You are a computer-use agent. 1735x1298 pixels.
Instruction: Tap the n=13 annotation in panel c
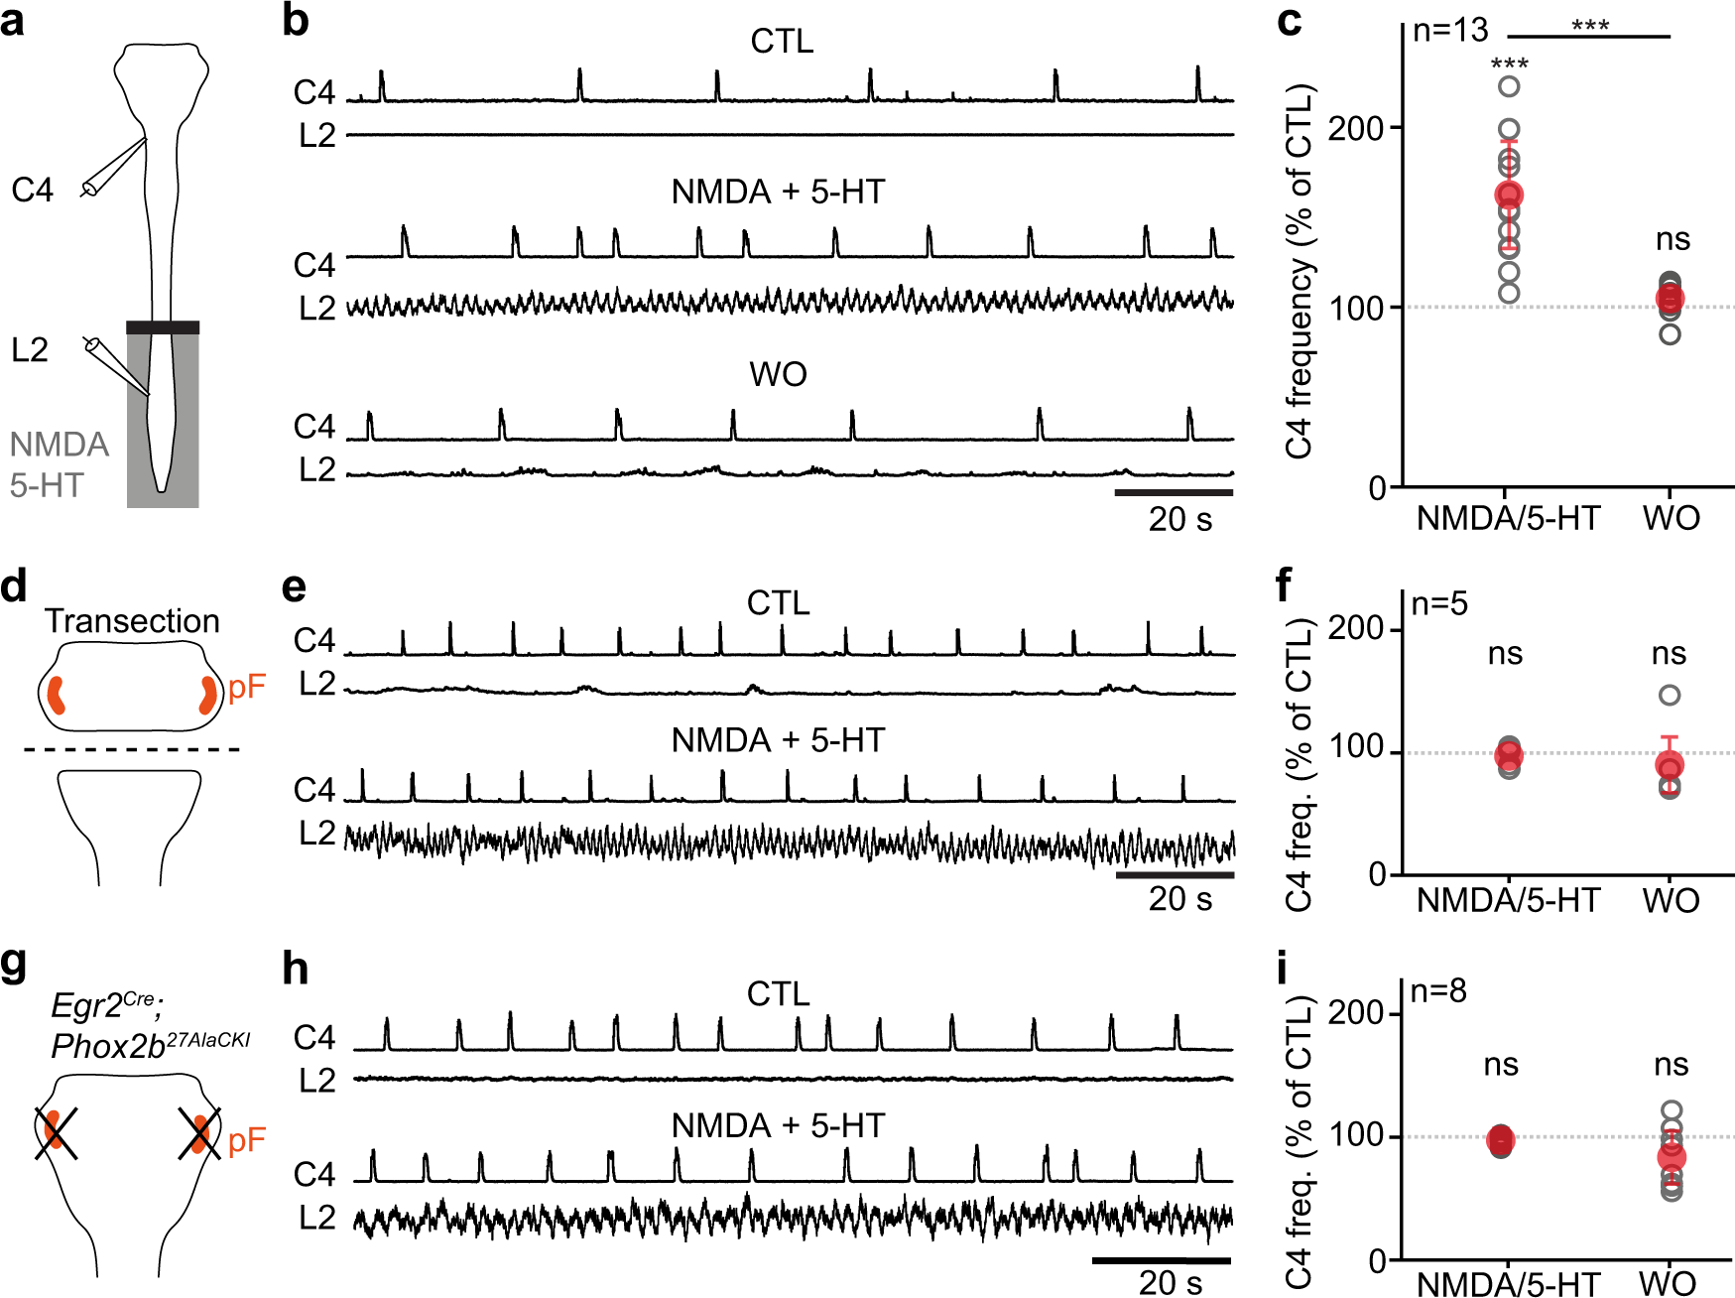point(1449,31)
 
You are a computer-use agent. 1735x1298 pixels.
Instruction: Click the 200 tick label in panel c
point(1356,128)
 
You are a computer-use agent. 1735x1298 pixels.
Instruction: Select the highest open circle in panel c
point(1509,86)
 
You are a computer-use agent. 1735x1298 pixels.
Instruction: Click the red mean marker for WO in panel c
point(1670,299)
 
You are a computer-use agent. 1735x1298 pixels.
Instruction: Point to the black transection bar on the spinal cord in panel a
point(163,327)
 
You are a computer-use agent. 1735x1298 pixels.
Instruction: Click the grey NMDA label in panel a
point(60,444)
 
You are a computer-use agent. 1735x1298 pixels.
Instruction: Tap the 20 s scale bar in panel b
point(1174,492)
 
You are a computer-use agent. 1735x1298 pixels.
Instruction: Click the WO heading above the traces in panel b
point(779,374)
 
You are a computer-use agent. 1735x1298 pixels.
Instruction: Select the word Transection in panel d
point(132,621)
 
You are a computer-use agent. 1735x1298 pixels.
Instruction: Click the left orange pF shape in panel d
point(57,695)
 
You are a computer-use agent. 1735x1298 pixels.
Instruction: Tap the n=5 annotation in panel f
point(1439,603)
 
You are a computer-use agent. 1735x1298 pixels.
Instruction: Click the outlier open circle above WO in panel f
point(1670,695)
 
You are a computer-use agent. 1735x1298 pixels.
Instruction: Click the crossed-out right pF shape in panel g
point(200,1133)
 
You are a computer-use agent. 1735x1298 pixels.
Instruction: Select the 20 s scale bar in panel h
point(1161,1261)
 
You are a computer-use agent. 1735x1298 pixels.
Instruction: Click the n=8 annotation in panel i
point(1438,990)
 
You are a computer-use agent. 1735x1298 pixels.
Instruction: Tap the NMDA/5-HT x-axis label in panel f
point(1508,900)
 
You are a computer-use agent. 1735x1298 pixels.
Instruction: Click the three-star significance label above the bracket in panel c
point(1589,25)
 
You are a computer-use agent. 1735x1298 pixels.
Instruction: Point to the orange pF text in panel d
point(247,687)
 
